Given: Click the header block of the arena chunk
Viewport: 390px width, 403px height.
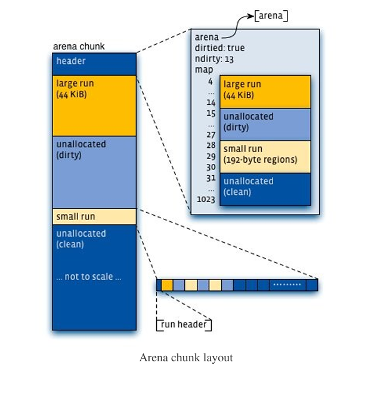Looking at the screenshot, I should [x=94, y=64].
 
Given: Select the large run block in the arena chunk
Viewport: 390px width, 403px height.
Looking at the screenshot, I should [x=94, y=105].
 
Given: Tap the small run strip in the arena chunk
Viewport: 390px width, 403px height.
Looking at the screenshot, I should [x=94, y=216].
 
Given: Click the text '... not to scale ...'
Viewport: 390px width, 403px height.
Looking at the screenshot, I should [x=89, y=277].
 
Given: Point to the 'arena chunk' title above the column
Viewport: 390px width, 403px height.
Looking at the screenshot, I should [x=79, y=46].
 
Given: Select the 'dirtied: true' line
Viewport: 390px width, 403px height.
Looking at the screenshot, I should [x=219, y=48].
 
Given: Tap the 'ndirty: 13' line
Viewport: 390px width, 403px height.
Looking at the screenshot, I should [x=214, y=59].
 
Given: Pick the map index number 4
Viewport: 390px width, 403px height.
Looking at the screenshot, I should [x=211, y=81].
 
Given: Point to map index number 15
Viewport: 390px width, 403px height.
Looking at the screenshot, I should [x=211, y=113].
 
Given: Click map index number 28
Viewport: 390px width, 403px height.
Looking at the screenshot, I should [x=211, y=145].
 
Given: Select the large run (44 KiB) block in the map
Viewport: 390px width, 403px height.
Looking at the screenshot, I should [x=265, y=92].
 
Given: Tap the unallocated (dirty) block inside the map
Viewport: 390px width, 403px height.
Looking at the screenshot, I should [x=265, y=125].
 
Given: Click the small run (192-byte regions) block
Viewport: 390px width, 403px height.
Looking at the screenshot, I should [x=265, y=157].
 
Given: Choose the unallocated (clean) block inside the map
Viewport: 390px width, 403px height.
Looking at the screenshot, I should [x=265, y=189].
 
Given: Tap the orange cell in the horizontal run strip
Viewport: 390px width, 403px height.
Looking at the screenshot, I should [x=168, y=285].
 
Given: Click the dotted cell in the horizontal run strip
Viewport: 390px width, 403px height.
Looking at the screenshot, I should [x=287, y=285].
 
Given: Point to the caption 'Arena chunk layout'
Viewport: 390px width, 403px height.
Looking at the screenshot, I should [x=186, y=358].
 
